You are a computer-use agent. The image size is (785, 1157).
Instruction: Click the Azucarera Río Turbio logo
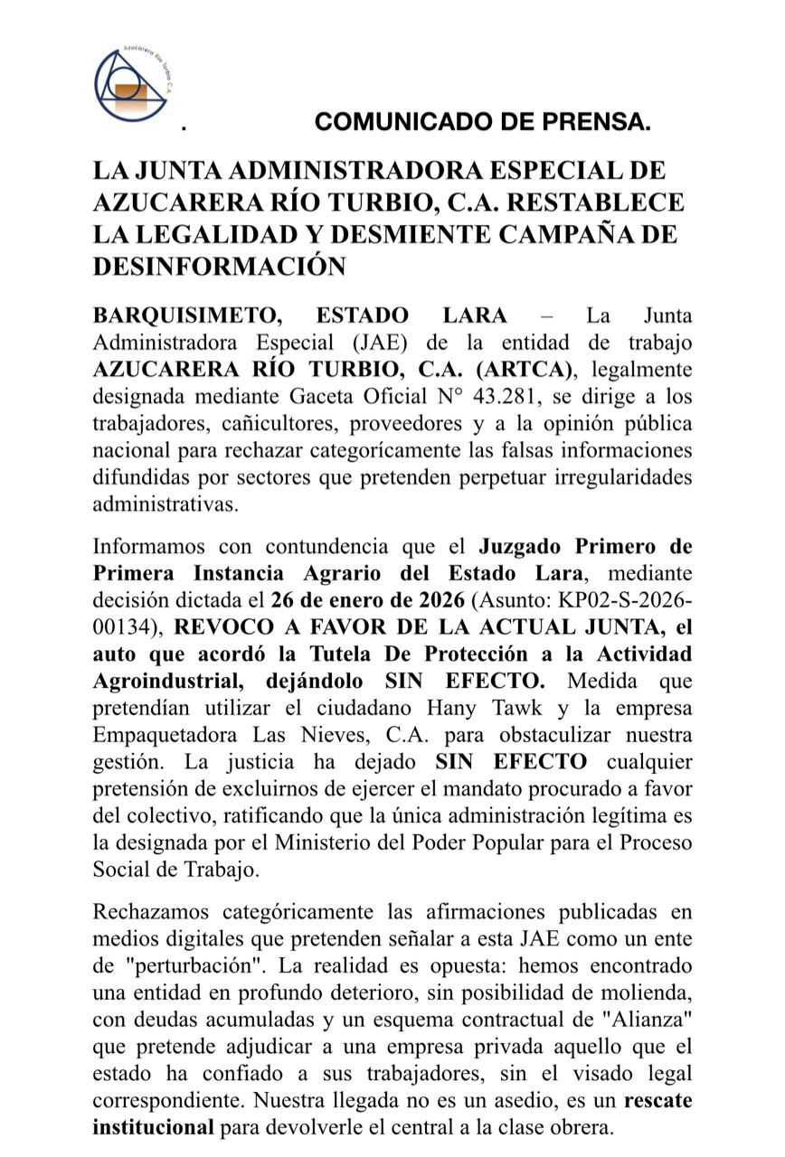pos(133,86)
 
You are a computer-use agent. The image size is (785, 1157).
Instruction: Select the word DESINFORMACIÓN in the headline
pos(220,266)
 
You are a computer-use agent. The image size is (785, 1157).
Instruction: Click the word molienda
pos(647,992)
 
